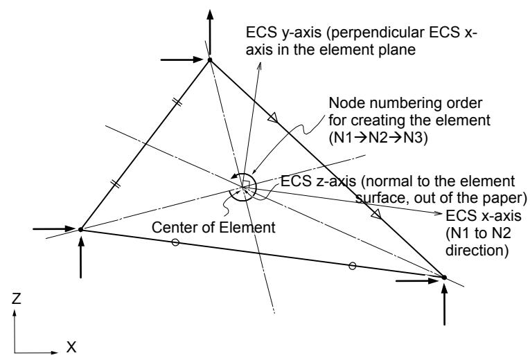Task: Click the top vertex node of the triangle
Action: pos(209,60)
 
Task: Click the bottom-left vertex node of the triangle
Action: pos(80,230)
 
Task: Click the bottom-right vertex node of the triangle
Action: pos(444,277)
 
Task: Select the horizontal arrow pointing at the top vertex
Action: pos(182,60)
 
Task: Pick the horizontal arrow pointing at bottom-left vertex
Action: pos(54,229)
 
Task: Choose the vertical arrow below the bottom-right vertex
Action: pos(444,305)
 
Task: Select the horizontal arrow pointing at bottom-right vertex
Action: pos(417,280)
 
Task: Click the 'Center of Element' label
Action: pos(213,227)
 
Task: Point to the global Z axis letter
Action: pos(16,298)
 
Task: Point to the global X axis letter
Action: pos(71,347)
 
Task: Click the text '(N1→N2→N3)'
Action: pos(378,138)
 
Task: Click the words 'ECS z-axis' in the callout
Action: pos(318,181)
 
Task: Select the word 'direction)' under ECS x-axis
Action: pos(477,250)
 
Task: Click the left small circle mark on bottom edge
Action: pos(175,242)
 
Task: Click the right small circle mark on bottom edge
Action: pos(352,266)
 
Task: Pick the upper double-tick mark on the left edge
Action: pos(179,102)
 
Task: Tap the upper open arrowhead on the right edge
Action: pos(273,118)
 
